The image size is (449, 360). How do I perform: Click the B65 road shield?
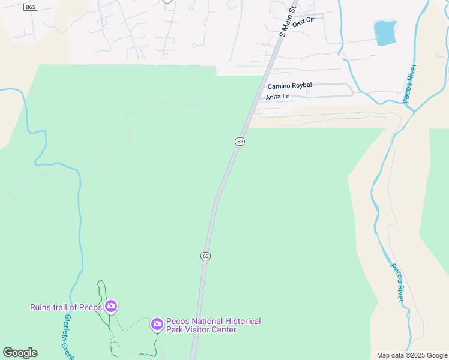(31, 7)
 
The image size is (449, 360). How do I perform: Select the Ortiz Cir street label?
(303, 20)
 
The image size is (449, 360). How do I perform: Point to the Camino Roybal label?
(289, 86)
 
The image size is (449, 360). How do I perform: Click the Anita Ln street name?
(277, 97)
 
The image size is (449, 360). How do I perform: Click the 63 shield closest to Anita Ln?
(240, 142)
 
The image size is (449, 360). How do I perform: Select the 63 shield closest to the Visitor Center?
(206, 256)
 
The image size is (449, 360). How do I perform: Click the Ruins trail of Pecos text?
(66, 308)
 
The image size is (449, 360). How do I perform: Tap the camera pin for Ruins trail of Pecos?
(110, 307)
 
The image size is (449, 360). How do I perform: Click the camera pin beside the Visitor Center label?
(157, 325)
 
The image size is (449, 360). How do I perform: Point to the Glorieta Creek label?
(69, 337)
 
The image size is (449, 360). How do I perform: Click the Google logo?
(20, 353)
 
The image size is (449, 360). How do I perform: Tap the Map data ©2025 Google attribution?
(411, 355)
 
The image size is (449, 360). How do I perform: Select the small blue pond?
(385, 32)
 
